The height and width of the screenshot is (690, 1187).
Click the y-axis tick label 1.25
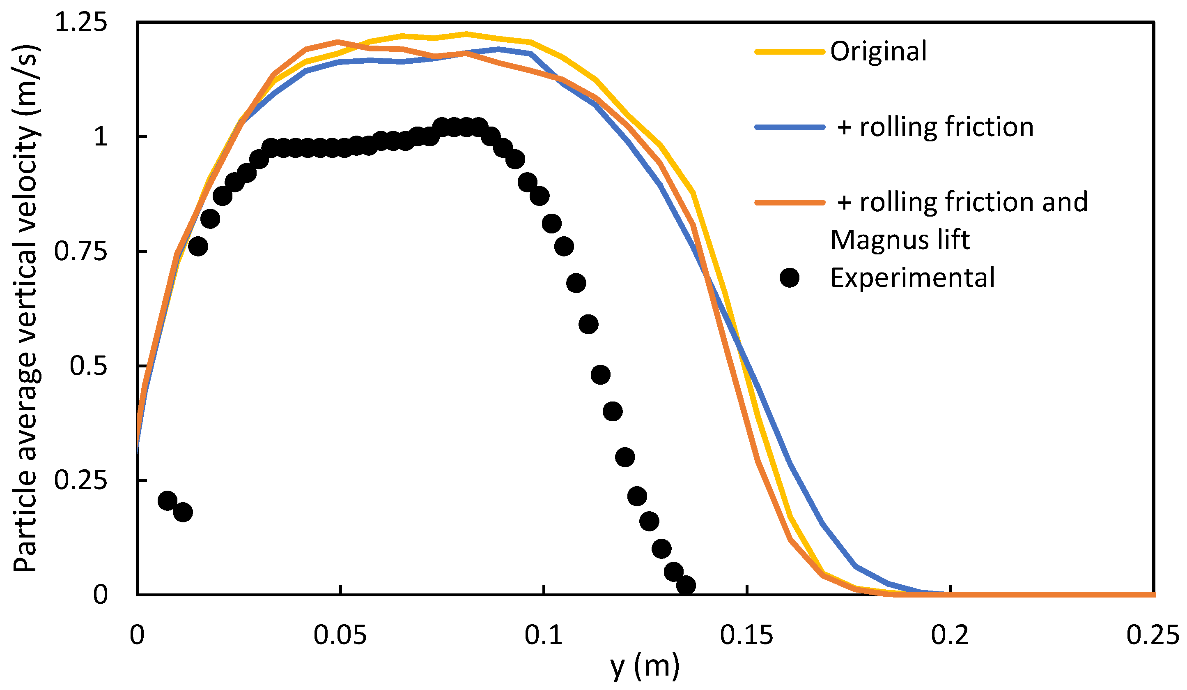(81, 22)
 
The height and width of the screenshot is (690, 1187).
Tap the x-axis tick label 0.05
(340, 635)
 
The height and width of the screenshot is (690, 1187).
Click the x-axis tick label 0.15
(746, 635)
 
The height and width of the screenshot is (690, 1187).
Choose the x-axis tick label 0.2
(950, 635)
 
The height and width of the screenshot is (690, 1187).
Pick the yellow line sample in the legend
(790, 51)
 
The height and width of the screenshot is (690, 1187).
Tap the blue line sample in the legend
(790, 127)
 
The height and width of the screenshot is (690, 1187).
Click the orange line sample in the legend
(790, 202)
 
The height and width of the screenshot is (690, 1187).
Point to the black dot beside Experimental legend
(790, 277)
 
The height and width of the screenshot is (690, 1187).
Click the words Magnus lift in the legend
(900, 240)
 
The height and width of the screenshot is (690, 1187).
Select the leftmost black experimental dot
(167, 501)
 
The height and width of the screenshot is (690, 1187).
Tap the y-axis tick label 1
(100, 137)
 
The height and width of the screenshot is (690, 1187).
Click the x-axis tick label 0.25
(1153, 635)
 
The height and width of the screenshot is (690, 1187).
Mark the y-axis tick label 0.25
(81, 480)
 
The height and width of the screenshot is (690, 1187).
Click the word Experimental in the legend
(912, 277)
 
